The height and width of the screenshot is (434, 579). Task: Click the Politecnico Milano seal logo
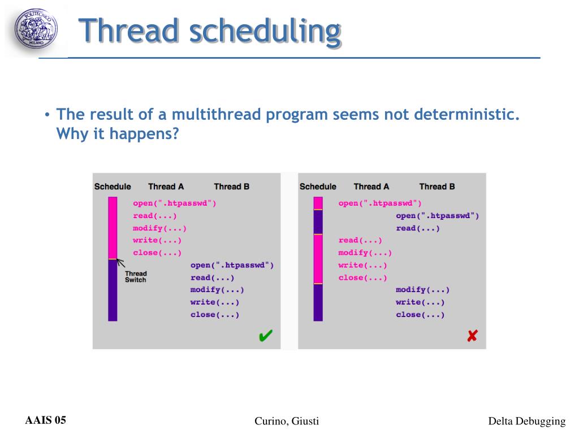[36, 29]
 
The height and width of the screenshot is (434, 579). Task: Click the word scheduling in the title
[265, 32]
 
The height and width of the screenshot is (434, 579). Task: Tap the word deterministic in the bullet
[466, 114]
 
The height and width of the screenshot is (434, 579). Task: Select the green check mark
[266, 336]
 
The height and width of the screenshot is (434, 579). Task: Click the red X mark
[472, 336]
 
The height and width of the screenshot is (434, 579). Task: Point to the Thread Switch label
[136, 277]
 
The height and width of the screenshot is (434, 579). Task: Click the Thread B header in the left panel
[231, 186]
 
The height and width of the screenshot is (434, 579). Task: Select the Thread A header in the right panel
[371, 186]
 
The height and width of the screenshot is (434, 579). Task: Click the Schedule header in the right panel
[318, 186]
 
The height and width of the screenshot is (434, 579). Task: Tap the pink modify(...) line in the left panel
[159, 228]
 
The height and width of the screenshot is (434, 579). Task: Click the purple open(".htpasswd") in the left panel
[232, 266]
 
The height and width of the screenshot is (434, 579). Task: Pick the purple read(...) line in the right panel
[418, 228]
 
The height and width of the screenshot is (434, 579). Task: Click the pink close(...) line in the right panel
[362, 278]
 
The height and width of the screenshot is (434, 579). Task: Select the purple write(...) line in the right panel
[420, 302]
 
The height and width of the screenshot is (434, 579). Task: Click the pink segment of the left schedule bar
[113, 228]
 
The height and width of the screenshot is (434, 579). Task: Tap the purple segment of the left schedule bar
[113, 290]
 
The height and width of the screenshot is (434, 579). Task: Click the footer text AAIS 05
[45, 420]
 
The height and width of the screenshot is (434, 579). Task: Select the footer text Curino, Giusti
[287, 421]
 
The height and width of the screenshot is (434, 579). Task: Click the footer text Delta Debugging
[526, 421]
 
